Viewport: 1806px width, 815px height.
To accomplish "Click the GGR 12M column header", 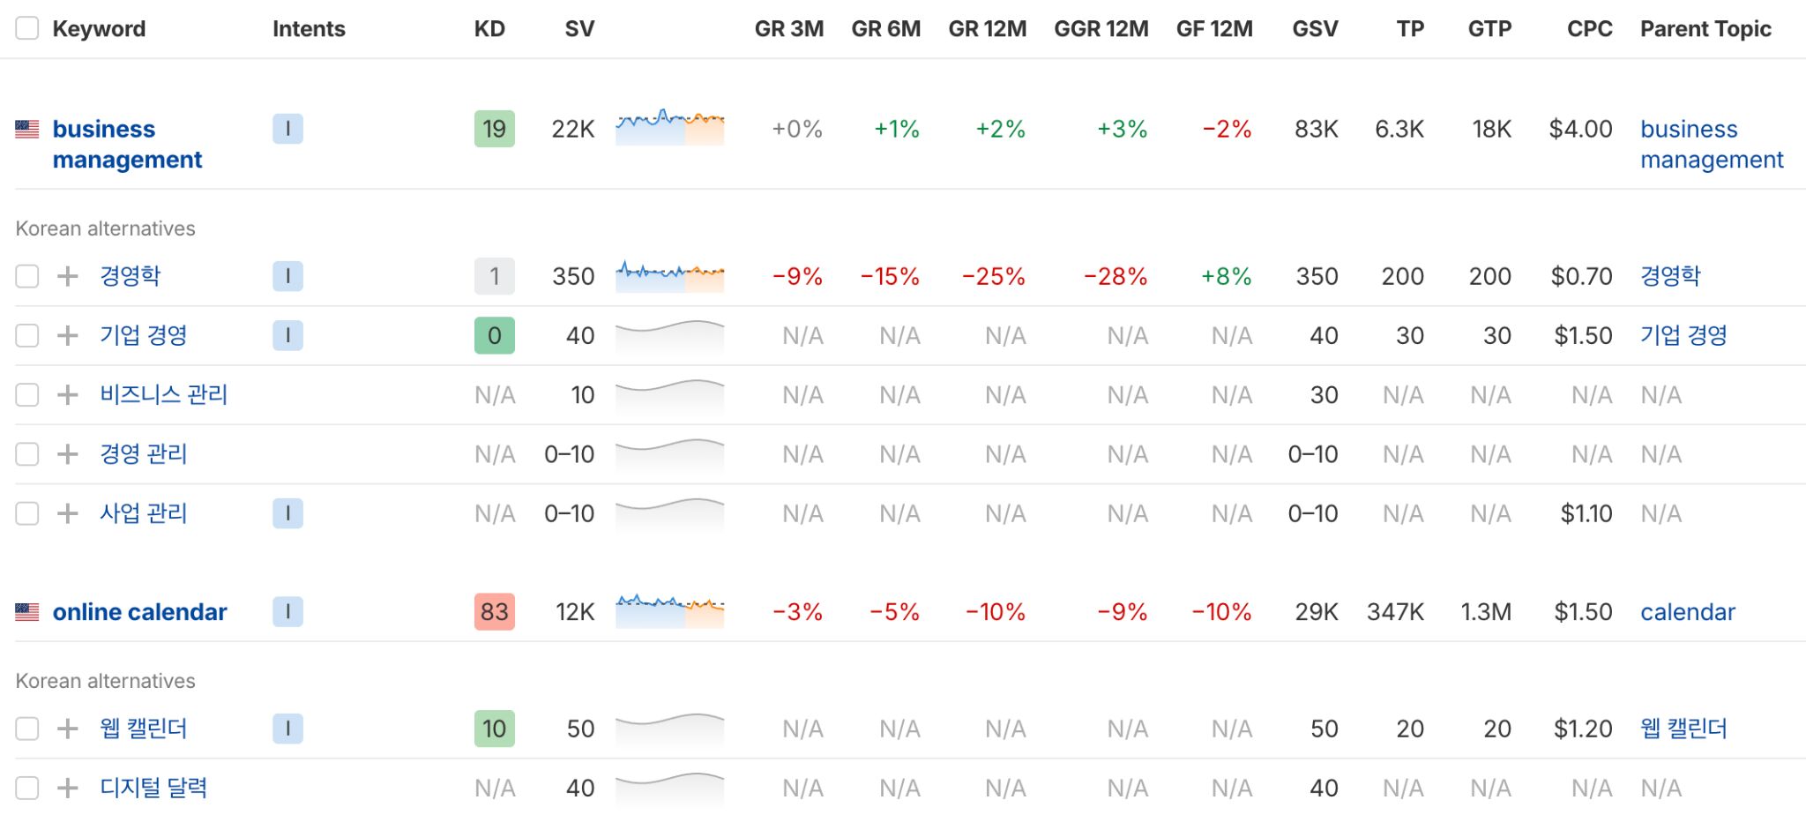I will [x=1101, y=29].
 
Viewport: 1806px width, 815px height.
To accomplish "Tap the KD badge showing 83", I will [x=494, y=611].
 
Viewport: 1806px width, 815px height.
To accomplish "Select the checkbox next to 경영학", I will [x=27, y=276].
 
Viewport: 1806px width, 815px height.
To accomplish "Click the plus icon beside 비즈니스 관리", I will [x=68, y=394].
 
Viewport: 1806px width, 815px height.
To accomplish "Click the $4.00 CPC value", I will [x=1580, y=130].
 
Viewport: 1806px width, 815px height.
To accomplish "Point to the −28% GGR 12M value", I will [x=1116, y=276].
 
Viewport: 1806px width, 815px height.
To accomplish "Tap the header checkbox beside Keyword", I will [x=27, y=28].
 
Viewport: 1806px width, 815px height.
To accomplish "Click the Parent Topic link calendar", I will [x=1687, y=611].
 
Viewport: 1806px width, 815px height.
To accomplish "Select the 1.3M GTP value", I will [x=1486, y=611].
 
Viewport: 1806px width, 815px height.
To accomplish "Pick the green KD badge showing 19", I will [x=494, y=130].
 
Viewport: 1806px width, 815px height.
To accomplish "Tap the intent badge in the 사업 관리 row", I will [x=287, y=513].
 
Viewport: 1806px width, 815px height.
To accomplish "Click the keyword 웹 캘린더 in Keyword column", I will [x=144, y=729].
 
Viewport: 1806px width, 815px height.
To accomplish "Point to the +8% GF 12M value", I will [x=1226, y=276].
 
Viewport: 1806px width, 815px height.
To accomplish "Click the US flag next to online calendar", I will [x=27, y=611].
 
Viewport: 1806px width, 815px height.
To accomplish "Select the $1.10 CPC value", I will [x=1586, y=513].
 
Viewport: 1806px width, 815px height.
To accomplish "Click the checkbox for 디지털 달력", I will [x=27, y=788].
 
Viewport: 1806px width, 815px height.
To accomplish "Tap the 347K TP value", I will [x=1395, y=611].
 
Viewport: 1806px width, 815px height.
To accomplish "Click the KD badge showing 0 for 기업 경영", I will [x=494, y=335].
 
